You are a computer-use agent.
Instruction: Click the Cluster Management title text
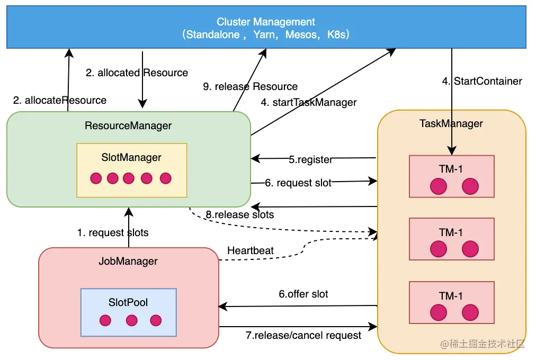(266, 22)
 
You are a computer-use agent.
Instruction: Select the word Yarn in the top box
(265, 34)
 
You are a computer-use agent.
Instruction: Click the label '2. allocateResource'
(60, 100)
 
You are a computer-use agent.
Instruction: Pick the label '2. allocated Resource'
(137, 73)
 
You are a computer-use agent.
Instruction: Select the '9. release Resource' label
(251, 86)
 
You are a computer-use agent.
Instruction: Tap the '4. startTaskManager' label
(309, 102)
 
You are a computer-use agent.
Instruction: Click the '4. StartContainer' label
(482, 81)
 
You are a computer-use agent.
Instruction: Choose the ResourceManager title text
(128, 125)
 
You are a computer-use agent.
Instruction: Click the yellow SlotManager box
(131, 170)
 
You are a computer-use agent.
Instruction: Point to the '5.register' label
(311, 159)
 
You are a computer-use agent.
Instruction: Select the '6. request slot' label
(298, 183)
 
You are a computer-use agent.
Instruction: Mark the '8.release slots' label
(239, 214)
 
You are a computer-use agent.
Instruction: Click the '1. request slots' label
(113, 232)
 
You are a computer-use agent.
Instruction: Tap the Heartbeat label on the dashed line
(250, 250)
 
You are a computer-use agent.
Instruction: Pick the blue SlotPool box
(128, 312)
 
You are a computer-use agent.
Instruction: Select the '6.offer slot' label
(303, 294)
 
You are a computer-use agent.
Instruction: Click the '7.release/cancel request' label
(303, 335)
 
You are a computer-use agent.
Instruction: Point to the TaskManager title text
(451, 123)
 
